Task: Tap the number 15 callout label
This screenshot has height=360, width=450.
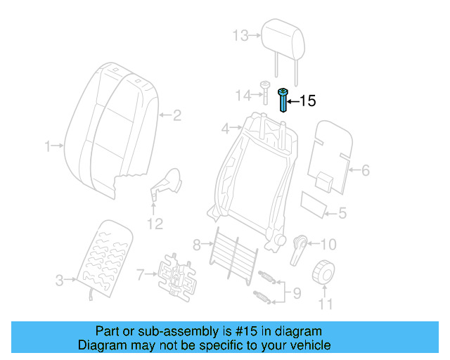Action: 308,101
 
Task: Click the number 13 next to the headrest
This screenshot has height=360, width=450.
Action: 240,35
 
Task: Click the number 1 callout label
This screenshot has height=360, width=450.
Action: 49,146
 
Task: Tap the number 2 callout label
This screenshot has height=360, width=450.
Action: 177,115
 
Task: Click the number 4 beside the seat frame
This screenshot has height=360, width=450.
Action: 226,129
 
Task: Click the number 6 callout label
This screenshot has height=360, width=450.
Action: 365,169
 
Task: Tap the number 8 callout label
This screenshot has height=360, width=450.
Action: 197,245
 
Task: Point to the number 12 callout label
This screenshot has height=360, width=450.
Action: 155,224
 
